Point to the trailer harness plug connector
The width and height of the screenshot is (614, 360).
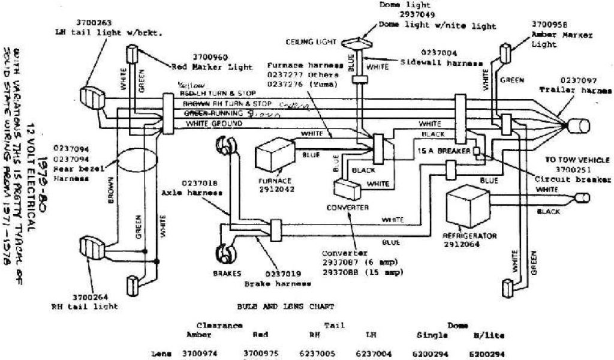pyautogui.click(x=578, y=126)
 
